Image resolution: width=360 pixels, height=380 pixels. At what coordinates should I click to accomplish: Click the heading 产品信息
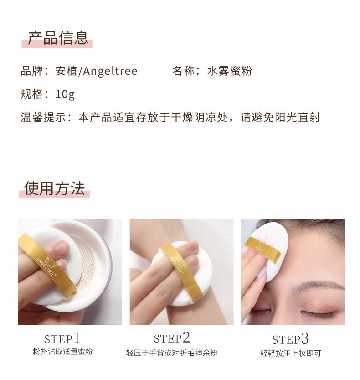pos(58,38)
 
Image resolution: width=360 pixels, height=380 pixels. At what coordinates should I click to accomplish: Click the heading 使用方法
pos(55,188)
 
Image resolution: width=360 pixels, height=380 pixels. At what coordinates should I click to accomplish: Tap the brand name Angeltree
pos(110,71)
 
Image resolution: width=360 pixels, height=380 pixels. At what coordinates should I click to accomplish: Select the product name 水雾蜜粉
pos(230,71)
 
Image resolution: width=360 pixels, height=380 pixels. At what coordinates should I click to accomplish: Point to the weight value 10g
pos(65,94)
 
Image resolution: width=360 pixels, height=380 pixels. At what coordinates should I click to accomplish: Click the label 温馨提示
pos(43,117)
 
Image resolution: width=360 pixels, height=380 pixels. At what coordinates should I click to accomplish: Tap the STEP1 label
pos(62,338)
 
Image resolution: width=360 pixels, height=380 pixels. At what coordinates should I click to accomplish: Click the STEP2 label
pos(172,338)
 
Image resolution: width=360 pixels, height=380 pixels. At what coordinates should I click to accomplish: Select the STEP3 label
pos(290,339)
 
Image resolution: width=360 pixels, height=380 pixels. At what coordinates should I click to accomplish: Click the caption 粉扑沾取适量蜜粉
pos(62,351)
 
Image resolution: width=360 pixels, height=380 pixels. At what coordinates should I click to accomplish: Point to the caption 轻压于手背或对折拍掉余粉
pos(172,353)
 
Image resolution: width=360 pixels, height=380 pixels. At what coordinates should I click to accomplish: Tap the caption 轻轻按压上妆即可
pos(291,354)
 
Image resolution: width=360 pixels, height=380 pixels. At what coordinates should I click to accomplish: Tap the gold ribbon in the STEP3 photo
pos(262,249)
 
